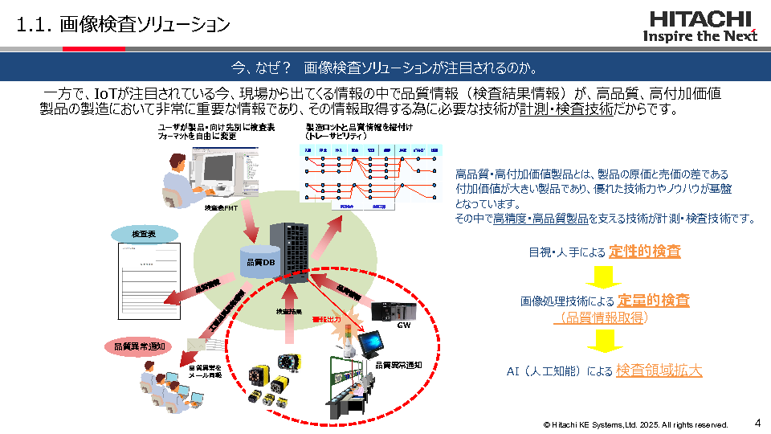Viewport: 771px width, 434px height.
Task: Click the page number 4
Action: click(757, 422)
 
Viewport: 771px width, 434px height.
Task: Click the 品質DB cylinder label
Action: click(259, 262)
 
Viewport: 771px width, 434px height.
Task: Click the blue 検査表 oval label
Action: click(144, 234)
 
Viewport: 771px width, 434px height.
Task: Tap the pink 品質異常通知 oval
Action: click(136, 346)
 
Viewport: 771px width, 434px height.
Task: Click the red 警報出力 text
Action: click(326, 319)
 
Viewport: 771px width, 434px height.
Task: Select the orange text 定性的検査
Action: click(645, 252)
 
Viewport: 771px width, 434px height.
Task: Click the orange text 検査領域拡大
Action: click(659, 371)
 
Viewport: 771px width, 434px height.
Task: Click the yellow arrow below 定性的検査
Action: click(605, 276)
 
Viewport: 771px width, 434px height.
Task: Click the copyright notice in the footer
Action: click(635, 424)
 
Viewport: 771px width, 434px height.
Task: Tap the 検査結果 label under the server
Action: click(290, 311)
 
